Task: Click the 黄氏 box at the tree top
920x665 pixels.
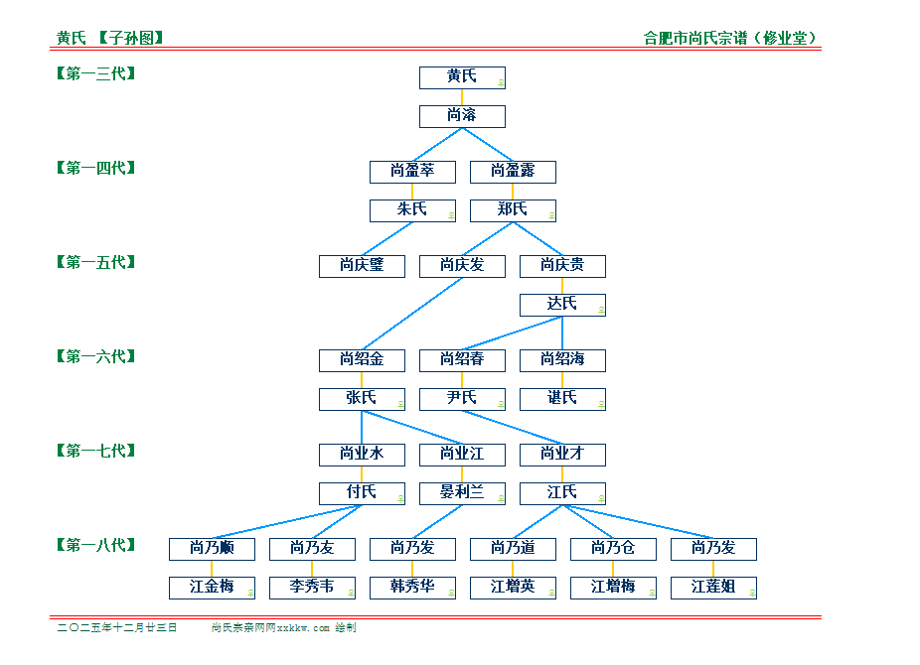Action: pyautogui.click(x=462, y=77)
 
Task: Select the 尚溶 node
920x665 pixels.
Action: pyautogui.click(x=462, y=116)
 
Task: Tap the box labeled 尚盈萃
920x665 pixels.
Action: pyautogui.click(x=412, y=172)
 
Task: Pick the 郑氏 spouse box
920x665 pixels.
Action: pyautogui.click(x=513, y=210)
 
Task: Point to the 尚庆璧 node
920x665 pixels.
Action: pyautogui.click(x=362, y=266)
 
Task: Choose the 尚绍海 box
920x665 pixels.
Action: pyautogui.click(x=562, y=359)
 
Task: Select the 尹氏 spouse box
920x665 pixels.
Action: pyautogui.click(x=462, y=399)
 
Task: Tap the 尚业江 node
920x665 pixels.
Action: pyautogui.click(x=462, y=455)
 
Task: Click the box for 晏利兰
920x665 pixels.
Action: pyautogui.click(x=462, y=493)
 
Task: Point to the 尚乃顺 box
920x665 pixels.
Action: pyautogui.click(x=212, y=549)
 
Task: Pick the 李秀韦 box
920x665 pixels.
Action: pyautogui.click(x=312, y=588)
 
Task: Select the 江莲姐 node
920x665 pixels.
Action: pyautogui.click(x=713, y=588)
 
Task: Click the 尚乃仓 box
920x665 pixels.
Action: pyautogui.click(x=613, y=549)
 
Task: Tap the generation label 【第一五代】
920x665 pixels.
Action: pyautogui.click(x=95, y=262)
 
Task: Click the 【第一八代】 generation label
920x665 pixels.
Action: pyautogui.click(x=95, y=545)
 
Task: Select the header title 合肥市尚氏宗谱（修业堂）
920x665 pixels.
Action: pyautogui.click(x=730, y=39)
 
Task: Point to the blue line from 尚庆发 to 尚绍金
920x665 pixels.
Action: pyautogui.click(x=412, y=313)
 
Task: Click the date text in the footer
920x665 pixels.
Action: pyautogui.click(x=117, y=628)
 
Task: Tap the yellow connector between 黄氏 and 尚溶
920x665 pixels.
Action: pyautogui.click(x=462, y=96)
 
